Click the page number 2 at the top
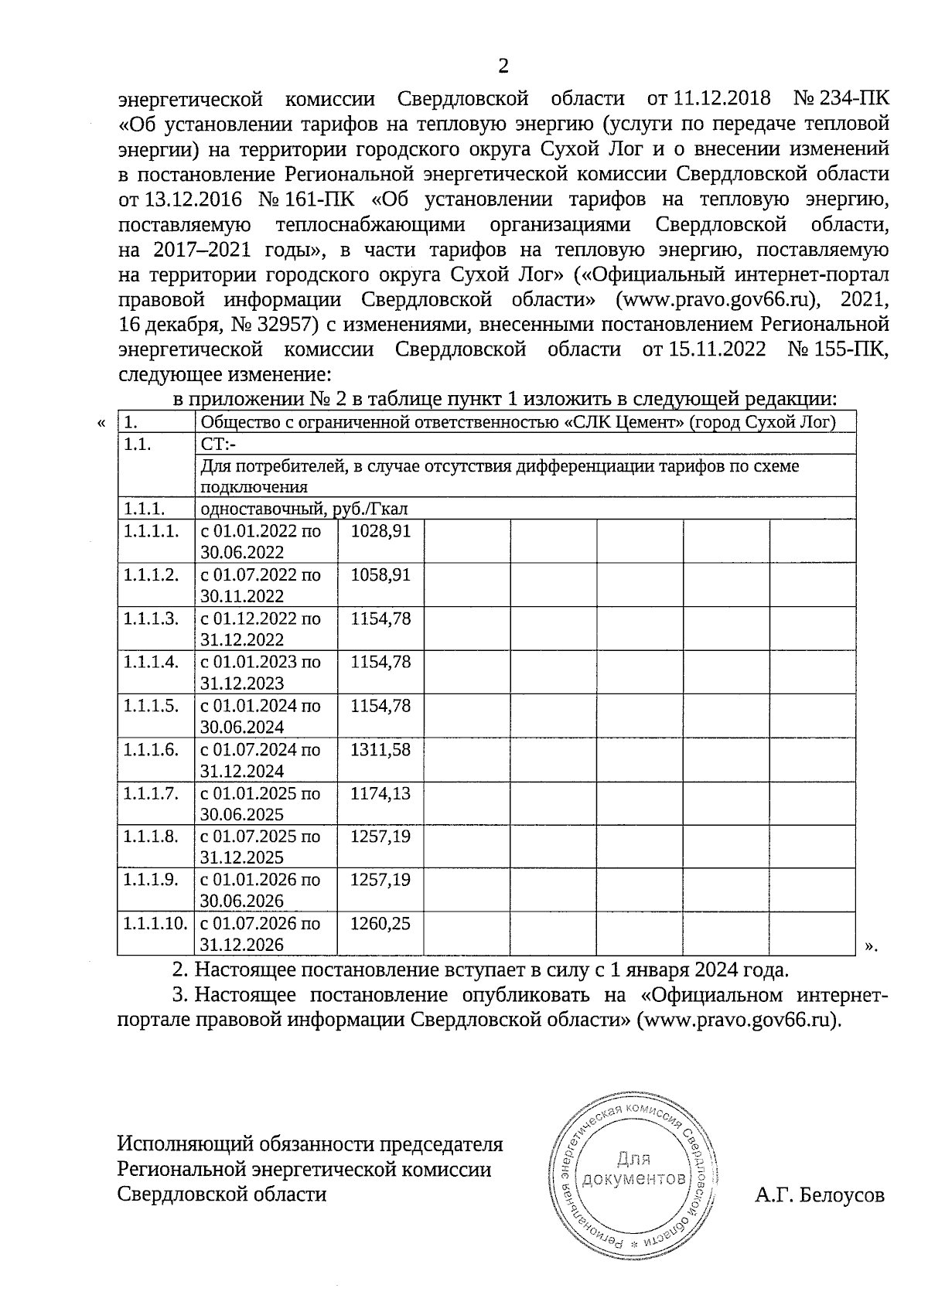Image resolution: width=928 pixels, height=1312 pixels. tap(503, 66)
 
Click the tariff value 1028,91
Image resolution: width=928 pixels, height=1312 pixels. tap(380, 531)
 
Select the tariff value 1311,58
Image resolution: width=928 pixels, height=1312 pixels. tap(380, 749)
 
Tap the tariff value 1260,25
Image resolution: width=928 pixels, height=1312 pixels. tap(380, 923)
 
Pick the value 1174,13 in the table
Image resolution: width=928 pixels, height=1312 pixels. tap(380, 793)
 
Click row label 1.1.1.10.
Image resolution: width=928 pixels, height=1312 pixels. tap(155, 923)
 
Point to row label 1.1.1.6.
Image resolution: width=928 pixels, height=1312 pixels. tap(151, 749)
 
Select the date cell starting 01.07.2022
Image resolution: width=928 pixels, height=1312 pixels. tap(261, 585)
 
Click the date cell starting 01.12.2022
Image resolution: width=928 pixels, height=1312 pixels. tap(261, 629)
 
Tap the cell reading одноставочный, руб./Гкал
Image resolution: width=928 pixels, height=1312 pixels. tap(304, 509)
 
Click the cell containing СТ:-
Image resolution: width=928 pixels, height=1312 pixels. tap(218, 444)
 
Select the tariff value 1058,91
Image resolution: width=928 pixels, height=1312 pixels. tap(380, 575)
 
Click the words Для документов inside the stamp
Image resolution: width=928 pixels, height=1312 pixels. tap(634, 1168)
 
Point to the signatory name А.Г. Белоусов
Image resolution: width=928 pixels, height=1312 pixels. tap(820, 1195)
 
